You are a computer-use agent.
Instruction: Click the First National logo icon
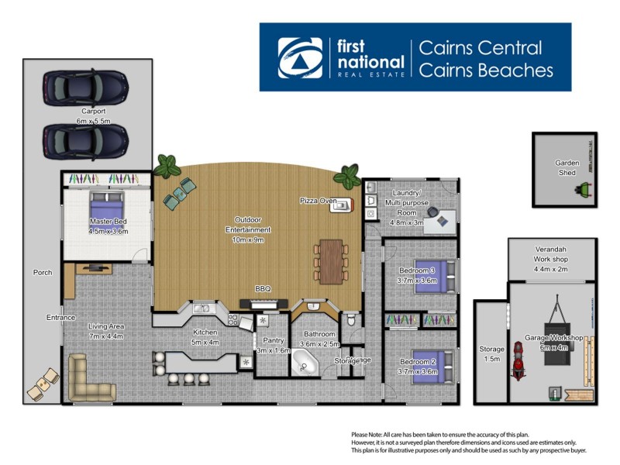coord(300,57)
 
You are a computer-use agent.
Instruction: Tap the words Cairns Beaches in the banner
coord(486,71)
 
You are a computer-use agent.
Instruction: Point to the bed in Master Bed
coord(106,208)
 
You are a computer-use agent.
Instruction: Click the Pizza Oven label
coord(318,201)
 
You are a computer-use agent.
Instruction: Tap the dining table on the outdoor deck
coord(331,260)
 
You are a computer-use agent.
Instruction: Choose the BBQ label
coord(263,289)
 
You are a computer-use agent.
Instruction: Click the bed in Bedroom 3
coord(429,275)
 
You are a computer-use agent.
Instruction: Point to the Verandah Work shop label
coord(551,263)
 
